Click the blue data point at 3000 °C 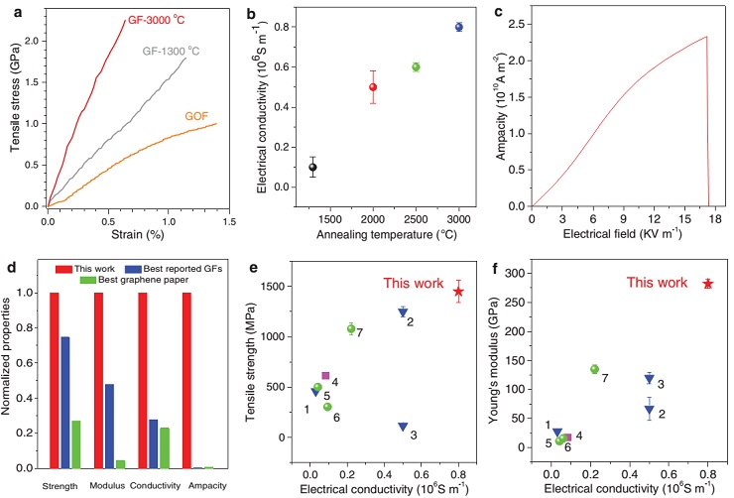click(458, 27)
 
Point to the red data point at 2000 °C click(373, 86)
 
